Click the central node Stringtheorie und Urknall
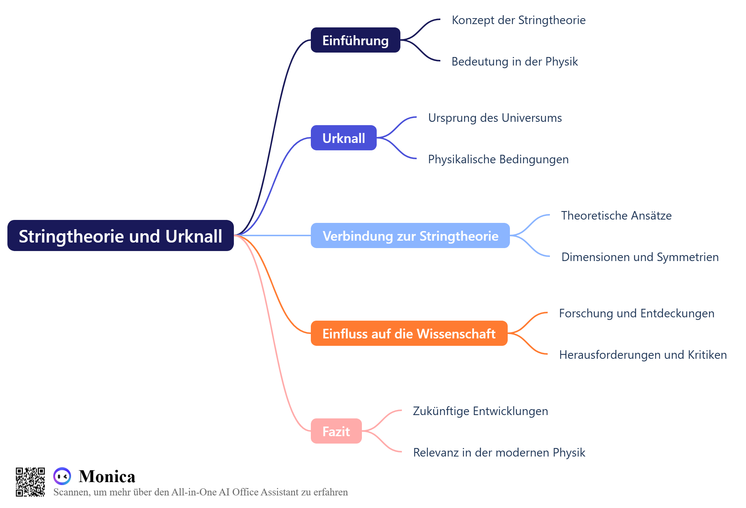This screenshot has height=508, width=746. (x=120, y=236)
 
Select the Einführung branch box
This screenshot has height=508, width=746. (x=355, y=40)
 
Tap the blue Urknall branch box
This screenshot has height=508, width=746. (x=343, y=138)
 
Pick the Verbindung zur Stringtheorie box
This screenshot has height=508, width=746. (x=410, y=236)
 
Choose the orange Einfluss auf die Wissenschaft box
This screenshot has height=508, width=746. (x=409, y=334)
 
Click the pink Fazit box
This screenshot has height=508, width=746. (x=336, y=431)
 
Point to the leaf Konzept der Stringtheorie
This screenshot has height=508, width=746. (x=518, y=20)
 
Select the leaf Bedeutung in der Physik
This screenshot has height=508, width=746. (x=514, y=61)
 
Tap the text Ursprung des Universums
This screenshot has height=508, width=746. (x=495, y=118)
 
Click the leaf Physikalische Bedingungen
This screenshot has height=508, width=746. (x=498, y=159)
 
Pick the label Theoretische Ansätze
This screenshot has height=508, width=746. (x=616, y=215)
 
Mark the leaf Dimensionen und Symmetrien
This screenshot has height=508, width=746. (x=640, y=257)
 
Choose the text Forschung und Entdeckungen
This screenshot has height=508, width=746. (x=636, y=313)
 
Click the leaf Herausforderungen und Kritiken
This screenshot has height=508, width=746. (x=643, y=355)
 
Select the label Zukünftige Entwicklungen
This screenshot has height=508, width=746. (x=480, y=411)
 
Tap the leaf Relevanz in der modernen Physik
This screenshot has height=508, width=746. (x=499, y=452)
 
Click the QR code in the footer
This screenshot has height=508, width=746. (x=30, y=482)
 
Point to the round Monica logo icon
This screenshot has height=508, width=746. (x=62, y=476)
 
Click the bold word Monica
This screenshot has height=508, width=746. (x=107, y=477)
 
